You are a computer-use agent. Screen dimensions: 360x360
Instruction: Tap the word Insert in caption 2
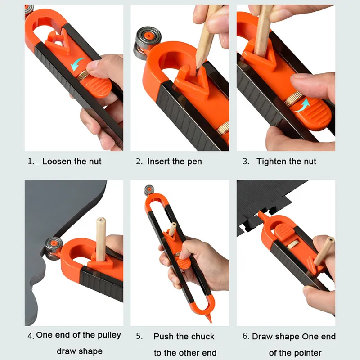(158, 162)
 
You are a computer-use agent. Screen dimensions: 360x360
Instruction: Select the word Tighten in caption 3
(271, 162)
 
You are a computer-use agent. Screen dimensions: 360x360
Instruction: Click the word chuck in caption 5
(202, 337)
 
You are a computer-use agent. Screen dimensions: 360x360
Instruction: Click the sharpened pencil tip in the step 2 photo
(197, 68)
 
